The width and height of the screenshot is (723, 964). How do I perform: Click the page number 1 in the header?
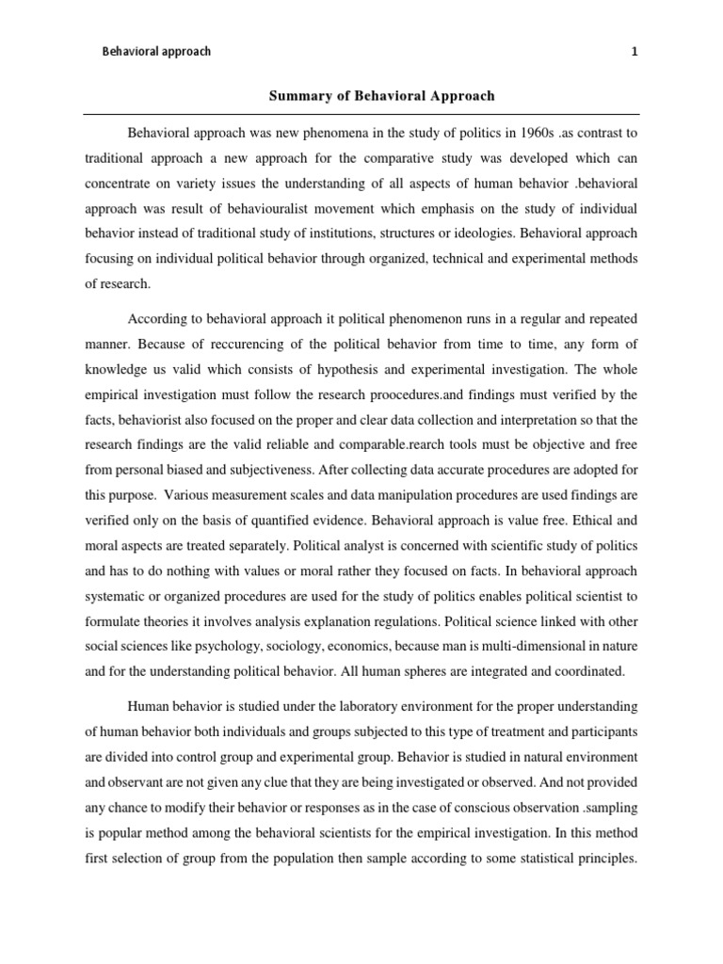click(x=635, y=52)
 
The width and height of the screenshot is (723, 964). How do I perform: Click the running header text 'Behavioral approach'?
click(x=156, y=52)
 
